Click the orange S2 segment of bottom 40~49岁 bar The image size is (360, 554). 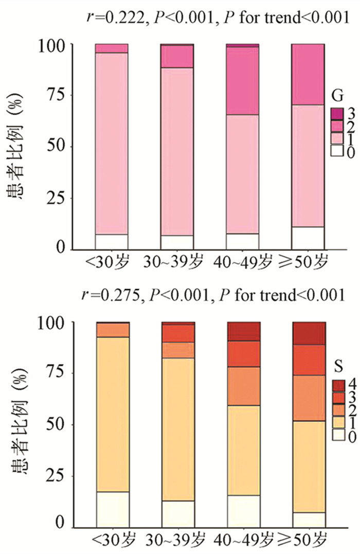(243, 379)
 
